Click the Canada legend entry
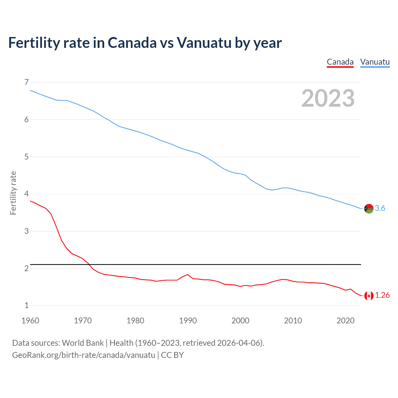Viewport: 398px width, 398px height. click(340, 62)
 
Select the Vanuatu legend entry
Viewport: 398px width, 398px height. click(375, 62)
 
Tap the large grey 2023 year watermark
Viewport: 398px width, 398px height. click(328, 98)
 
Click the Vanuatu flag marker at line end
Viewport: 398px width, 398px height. click(369, 209)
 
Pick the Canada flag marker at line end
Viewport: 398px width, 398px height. click(369, 296)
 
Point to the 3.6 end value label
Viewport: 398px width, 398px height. click(380, 208)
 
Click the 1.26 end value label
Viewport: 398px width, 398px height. click(382, 295)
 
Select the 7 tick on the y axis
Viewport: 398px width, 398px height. click(26, 82)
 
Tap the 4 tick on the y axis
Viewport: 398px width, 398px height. click(26, 194)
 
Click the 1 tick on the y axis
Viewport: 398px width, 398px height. click(26, 305)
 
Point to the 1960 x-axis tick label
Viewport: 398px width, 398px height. click(30, 321)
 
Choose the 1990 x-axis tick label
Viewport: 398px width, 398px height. click(188, 321)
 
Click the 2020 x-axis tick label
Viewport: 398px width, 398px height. click(345, 321)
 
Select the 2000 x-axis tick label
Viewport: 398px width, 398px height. click(240, 321)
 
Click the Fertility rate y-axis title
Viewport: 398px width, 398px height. click(13, 193)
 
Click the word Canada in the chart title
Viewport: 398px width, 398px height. click(132, 43)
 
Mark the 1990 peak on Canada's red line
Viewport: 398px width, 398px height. click(187, 275)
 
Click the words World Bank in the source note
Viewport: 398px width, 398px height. click(83, 343)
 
